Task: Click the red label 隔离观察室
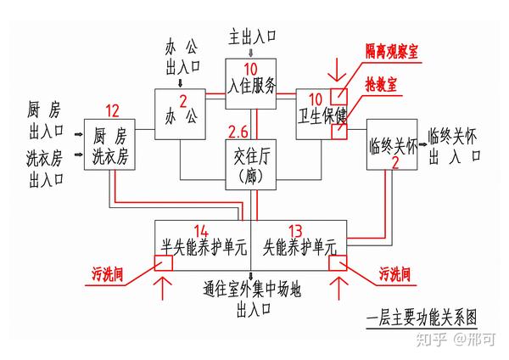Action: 392,52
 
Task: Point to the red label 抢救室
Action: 381,85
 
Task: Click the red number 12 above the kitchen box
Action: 113,111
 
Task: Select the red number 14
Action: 201,231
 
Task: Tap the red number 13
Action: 295,231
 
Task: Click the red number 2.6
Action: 238,132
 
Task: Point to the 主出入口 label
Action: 252,37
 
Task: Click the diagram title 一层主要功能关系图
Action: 422,318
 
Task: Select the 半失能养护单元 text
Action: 204,247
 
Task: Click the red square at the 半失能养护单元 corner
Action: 163,263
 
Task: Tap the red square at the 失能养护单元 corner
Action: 338,263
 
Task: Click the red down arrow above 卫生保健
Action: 338,70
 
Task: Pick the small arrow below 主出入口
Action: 250,53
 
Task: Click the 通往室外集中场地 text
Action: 252,289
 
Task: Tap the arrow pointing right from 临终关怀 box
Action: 422,145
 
